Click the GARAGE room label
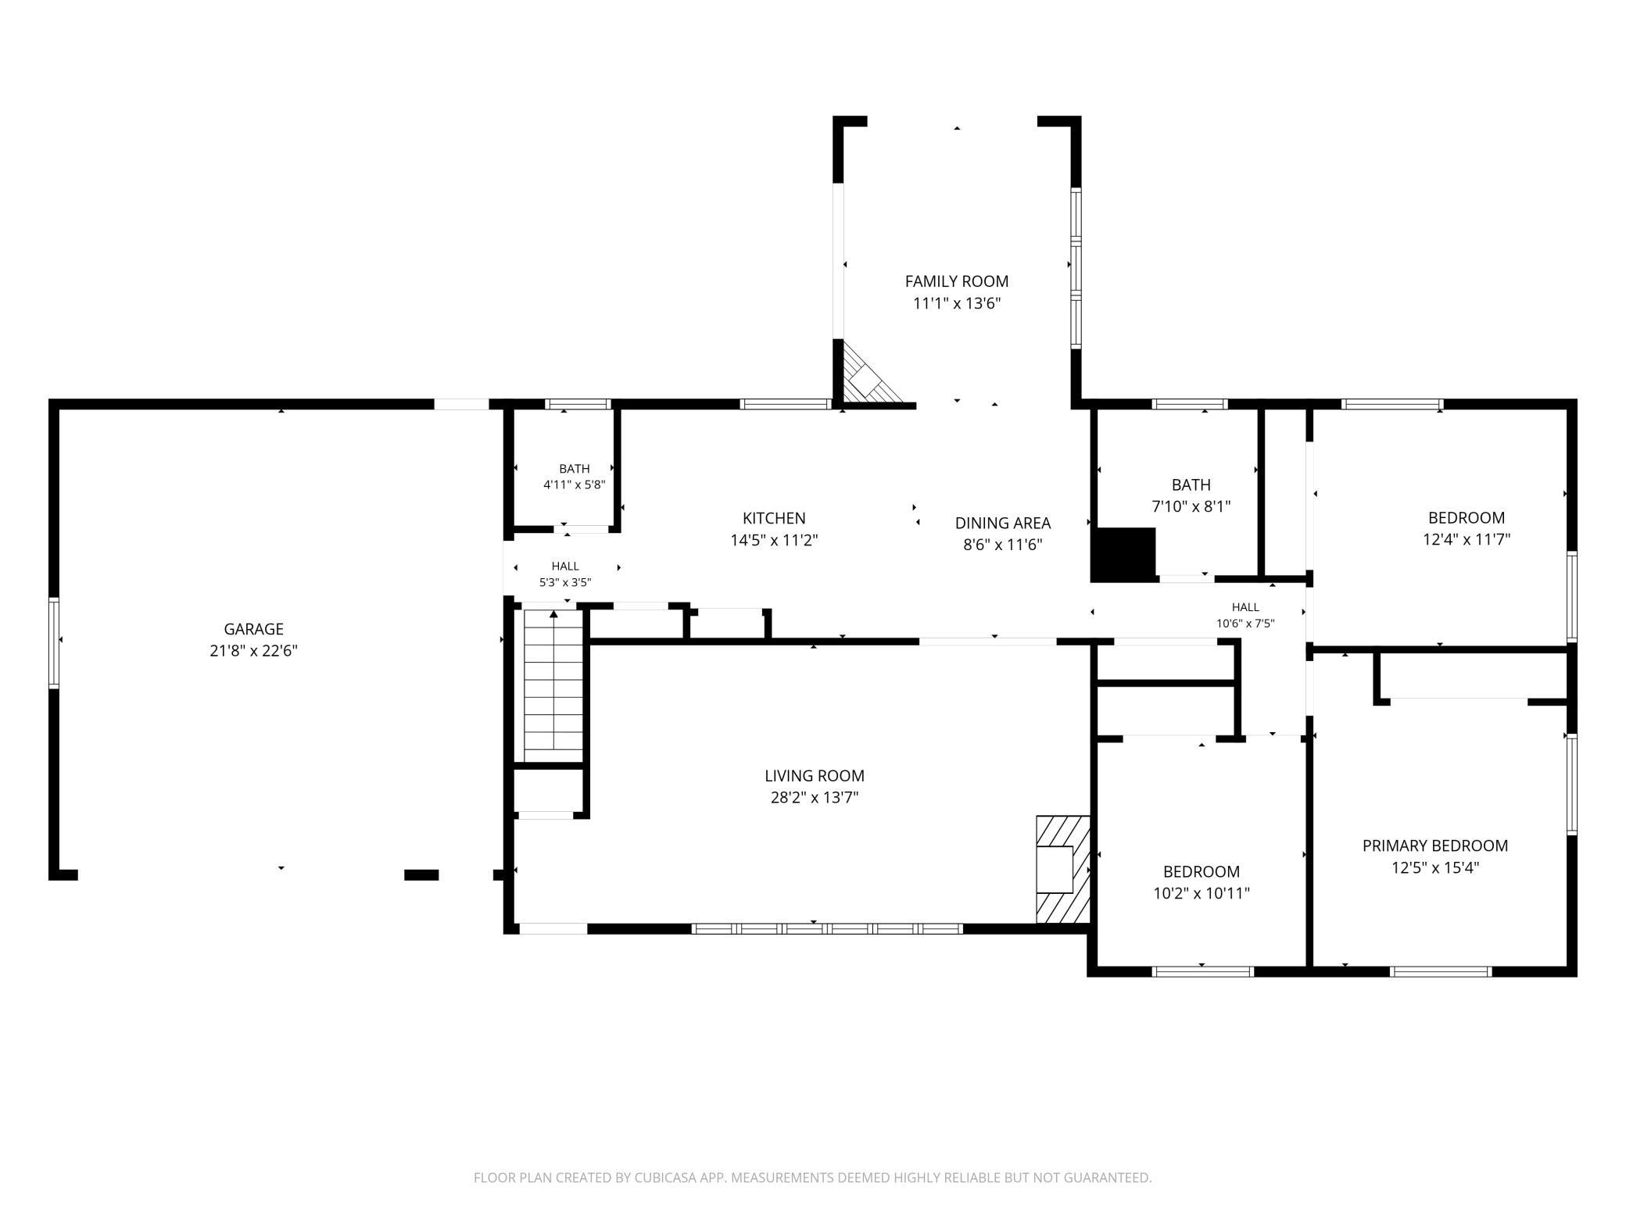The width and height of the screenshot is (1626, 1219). coord(253,629)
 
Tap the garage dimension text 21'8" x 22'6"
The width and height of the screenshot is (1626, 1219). coord(253,651)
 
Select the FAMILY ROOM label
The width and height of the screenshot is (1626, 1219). coord(957,281)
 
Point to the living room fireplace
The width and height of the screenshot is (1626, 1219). coord(1063,869)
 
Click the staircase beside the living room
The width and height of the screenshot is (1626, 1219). coord(553,686)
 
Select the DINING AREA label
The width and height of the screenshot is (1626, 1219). coord(1003,524)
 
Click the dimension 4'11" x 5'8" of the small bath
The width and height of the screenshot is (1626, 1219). coord(575,484)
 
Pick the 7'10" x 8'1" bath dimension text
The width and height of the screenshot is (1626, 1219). coord(1191,506)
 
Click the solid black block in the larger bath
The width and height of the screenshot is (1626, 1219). coord(1123,555)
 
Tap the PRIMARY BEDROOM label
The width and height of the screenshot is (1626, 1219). coord(1435,845)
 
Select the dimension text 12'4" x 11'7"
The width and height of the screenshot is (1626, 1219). coord(1467,539)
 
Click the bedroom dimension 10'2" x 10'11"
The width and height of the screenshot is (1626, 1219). coord(1202,893)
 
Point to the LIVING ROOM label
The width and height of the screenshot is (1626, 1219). coord(815,776)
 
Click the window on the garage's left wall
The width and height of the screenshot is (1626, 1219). coord(54,643)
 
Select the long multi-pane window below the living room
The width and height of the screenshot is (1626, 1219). coord(826,929)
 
